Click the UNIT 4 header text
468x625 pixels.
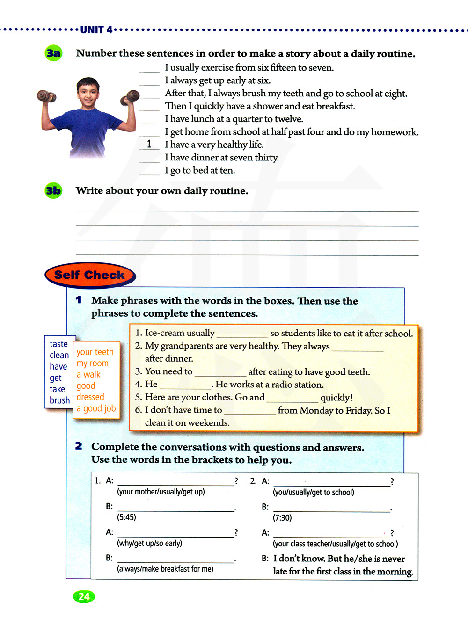click(x=96, y=30)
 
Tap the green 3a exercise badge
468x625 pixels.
click(x=54, y=53)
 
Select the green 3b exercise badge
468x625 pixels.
click(x=54, y=191)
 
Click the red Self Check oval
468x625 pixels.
click(x=90, y=275)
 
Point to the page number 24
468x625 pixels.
click(x=84, y=596)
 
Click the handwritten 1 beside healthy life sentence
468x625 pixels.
click(x=149, y=144)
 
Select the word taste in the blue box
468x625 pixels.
click(x=59, y=344)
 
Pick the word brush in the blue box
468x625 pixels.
click(x=59, y=400)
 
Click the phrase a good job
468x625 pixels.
click(x=96, y=408)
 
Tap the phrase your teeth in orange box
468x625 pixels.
click(x=95, y=352)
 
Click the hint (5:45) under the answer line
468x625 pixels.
click(x=126, y=517)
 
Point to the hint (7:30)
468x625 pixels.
click(x=282, y=518)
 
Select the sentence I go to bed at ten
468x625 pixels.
click(x=200, y=170)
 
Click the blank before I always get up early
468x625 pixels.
click(x=149, y=81)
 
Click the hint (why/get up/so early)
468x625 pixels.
click(x=150, y=543)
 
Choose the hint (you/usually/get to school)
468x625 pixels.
click(x=314, y=492)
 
